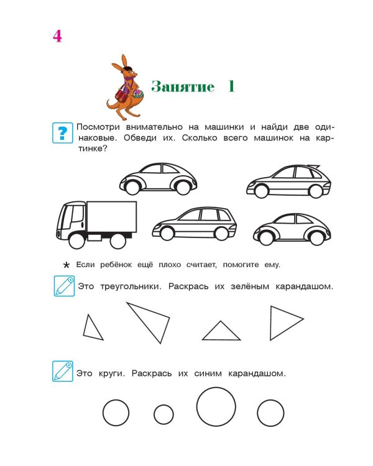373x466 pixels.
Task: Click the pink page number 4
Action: [57, 37]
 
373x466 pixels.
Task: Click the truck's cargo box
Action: [112, 216]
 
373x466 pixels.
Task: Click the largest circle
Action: [216, 406]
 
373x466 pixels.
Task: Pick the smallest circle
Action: [163, 414]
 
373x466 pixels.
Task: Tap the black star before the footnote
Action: [67, 265]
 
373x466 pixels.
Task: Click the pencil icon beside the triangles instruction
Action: [63, 286]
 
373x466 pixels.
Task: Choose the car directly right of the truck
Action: [194, 223]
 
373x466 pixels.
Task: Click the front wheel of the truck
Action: [76, 240]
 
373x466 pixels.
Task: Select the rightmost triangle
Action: [284, 322]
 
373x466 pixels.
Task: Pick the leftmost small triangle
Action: [93, 328]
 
